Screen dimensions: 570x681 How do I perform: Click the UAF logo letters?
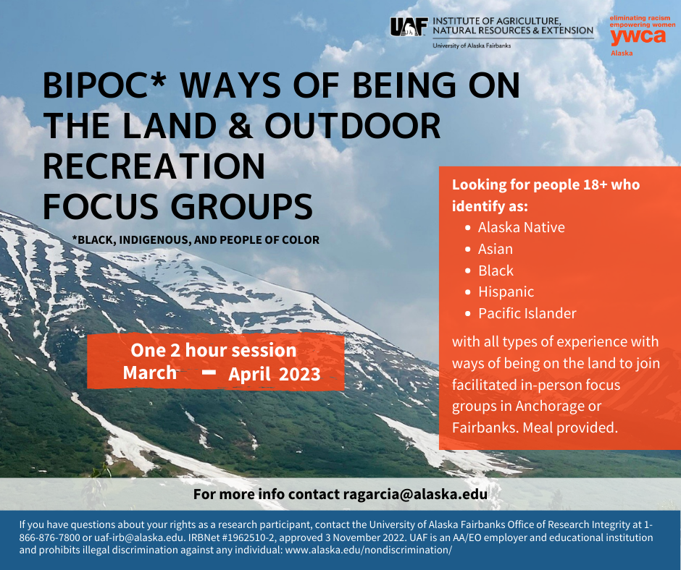(x=409, y=27)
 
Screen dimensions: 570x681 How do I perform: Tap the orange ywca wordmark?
(x=638, y=37)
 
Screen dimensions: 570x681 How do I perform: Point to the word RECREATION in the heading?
(x=154, y=167)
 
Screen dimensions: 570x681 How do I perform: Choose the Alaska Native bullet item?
(x=521, y=227)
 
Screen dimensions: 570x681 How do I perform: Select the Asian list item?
(x=496, y=249)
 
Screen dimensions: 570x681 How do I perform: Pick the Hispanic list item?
(x=506, y=292)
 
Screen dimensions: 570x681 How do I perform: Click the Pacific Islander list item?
(x=527, y=313)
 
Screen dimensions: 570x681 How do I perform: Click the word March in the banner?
(x=150, y=373)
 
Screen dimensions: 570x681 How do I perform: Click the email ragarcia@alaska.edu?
(x=414, y=495)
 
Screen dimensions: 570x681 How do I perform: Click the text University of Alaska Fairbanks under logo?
(x=472, y=46)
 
